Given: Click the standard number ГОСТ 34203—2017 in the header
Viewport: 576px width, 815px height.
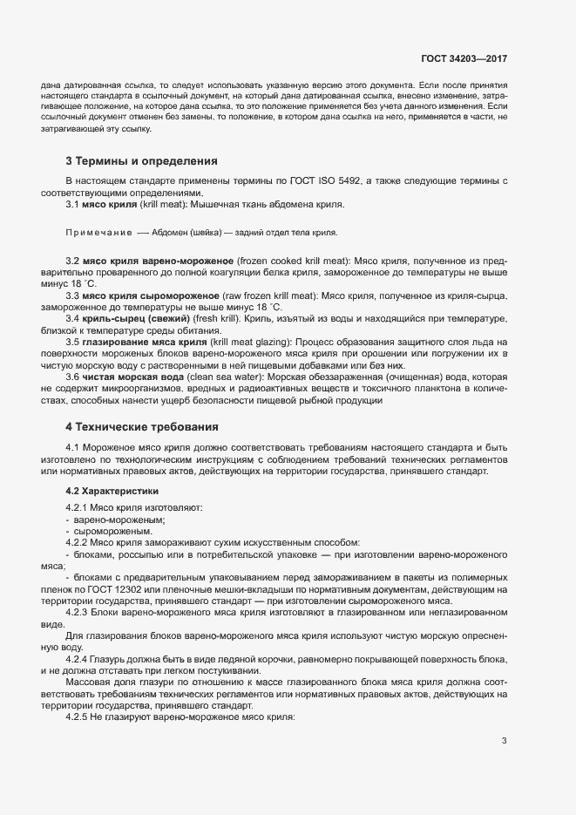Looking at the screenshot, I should click(x=464, y=59).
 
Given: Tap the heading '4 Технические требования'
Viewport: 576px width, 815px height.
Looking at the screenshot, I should click(x=141, y=427).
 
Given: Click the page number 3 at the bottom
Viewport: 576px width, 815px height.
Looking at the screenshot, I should click(x=504, y=741).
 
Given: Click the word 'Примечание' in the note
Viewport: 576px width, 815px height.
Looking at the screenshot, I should click(x=98, y=234).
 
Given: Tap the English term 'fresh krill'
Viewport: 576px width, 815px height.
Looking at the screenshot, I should click(x=218, y=320).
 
